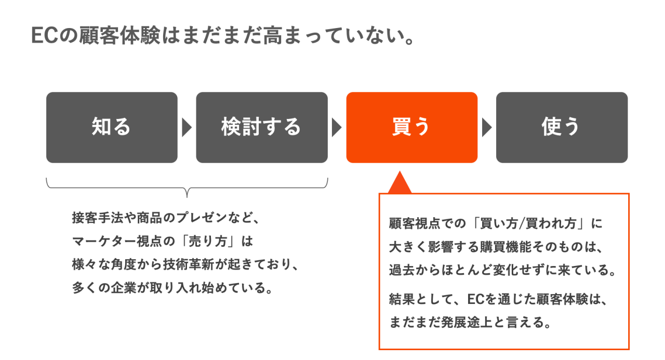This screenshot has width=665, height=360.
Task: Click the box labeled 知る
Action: [x=112, y=127]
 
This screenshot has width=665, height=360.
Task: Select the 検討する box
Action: [x=261, y=127]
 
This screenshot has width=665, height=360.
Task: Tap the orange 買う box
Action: [x=411, y=127]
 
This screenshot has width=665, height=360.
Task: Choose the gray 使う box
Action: [x=562, y=127]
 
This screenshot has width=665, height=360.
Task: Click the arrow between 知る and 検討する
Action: [x=187, y=128]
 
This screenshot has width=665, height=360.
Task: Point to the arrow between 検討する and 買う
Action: [x=337, y=128]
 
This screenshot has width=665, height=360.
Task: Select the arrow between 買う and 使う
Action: [x=486, y=128]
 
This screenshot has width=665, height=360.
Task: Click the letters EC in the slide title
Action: [x=44, y=36]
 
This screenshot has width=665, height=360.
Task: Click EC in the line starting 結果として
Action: [x=476, y=300]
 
